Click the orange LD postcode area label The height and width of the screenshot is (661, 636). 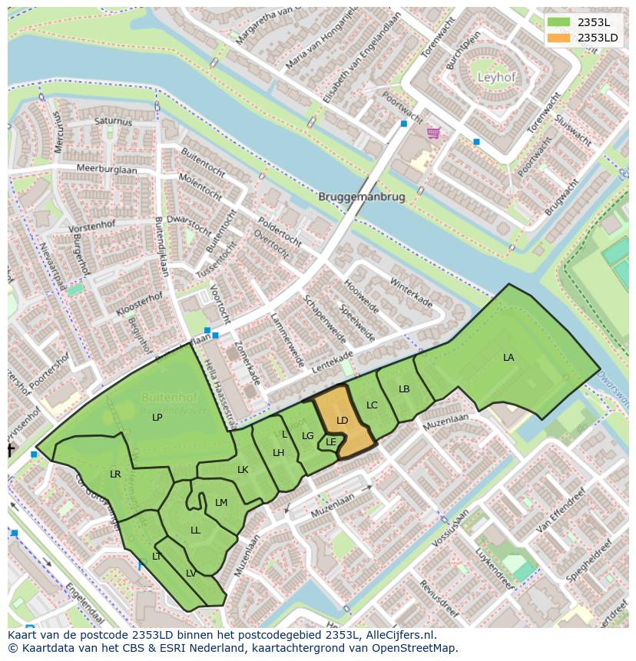point(343,420)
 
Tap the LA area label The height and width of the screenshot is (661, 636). point(508,358)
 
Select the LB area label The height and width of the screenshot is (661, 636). point(404,389)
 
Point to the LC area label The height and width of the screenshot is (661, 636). point(372,405)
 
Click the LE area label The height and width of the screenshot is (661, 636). point(330,441)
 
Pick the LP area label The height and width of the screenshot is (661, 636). point(157,418)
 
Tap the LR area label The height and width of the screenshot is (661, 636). point(115,474)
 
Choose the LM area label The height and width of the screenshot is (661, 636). point(221,503)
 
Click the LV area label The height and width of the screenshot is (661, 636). point(190,573)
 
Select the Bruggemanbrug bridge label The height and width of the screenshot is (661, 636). point(361,197)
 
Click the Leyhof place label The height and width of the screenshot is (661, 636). point(497,78)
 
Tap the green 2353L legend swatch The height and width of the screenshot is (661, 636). point(558,22)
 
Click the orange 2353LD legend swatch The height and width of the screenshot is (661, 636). point(558,37)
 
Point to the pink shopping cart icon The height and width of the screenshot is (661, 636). point(434,134)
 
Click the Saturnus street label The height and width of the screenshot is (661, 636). point(113,121)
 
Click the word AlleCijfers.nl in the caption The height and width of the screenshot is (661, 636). point(398,635)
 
